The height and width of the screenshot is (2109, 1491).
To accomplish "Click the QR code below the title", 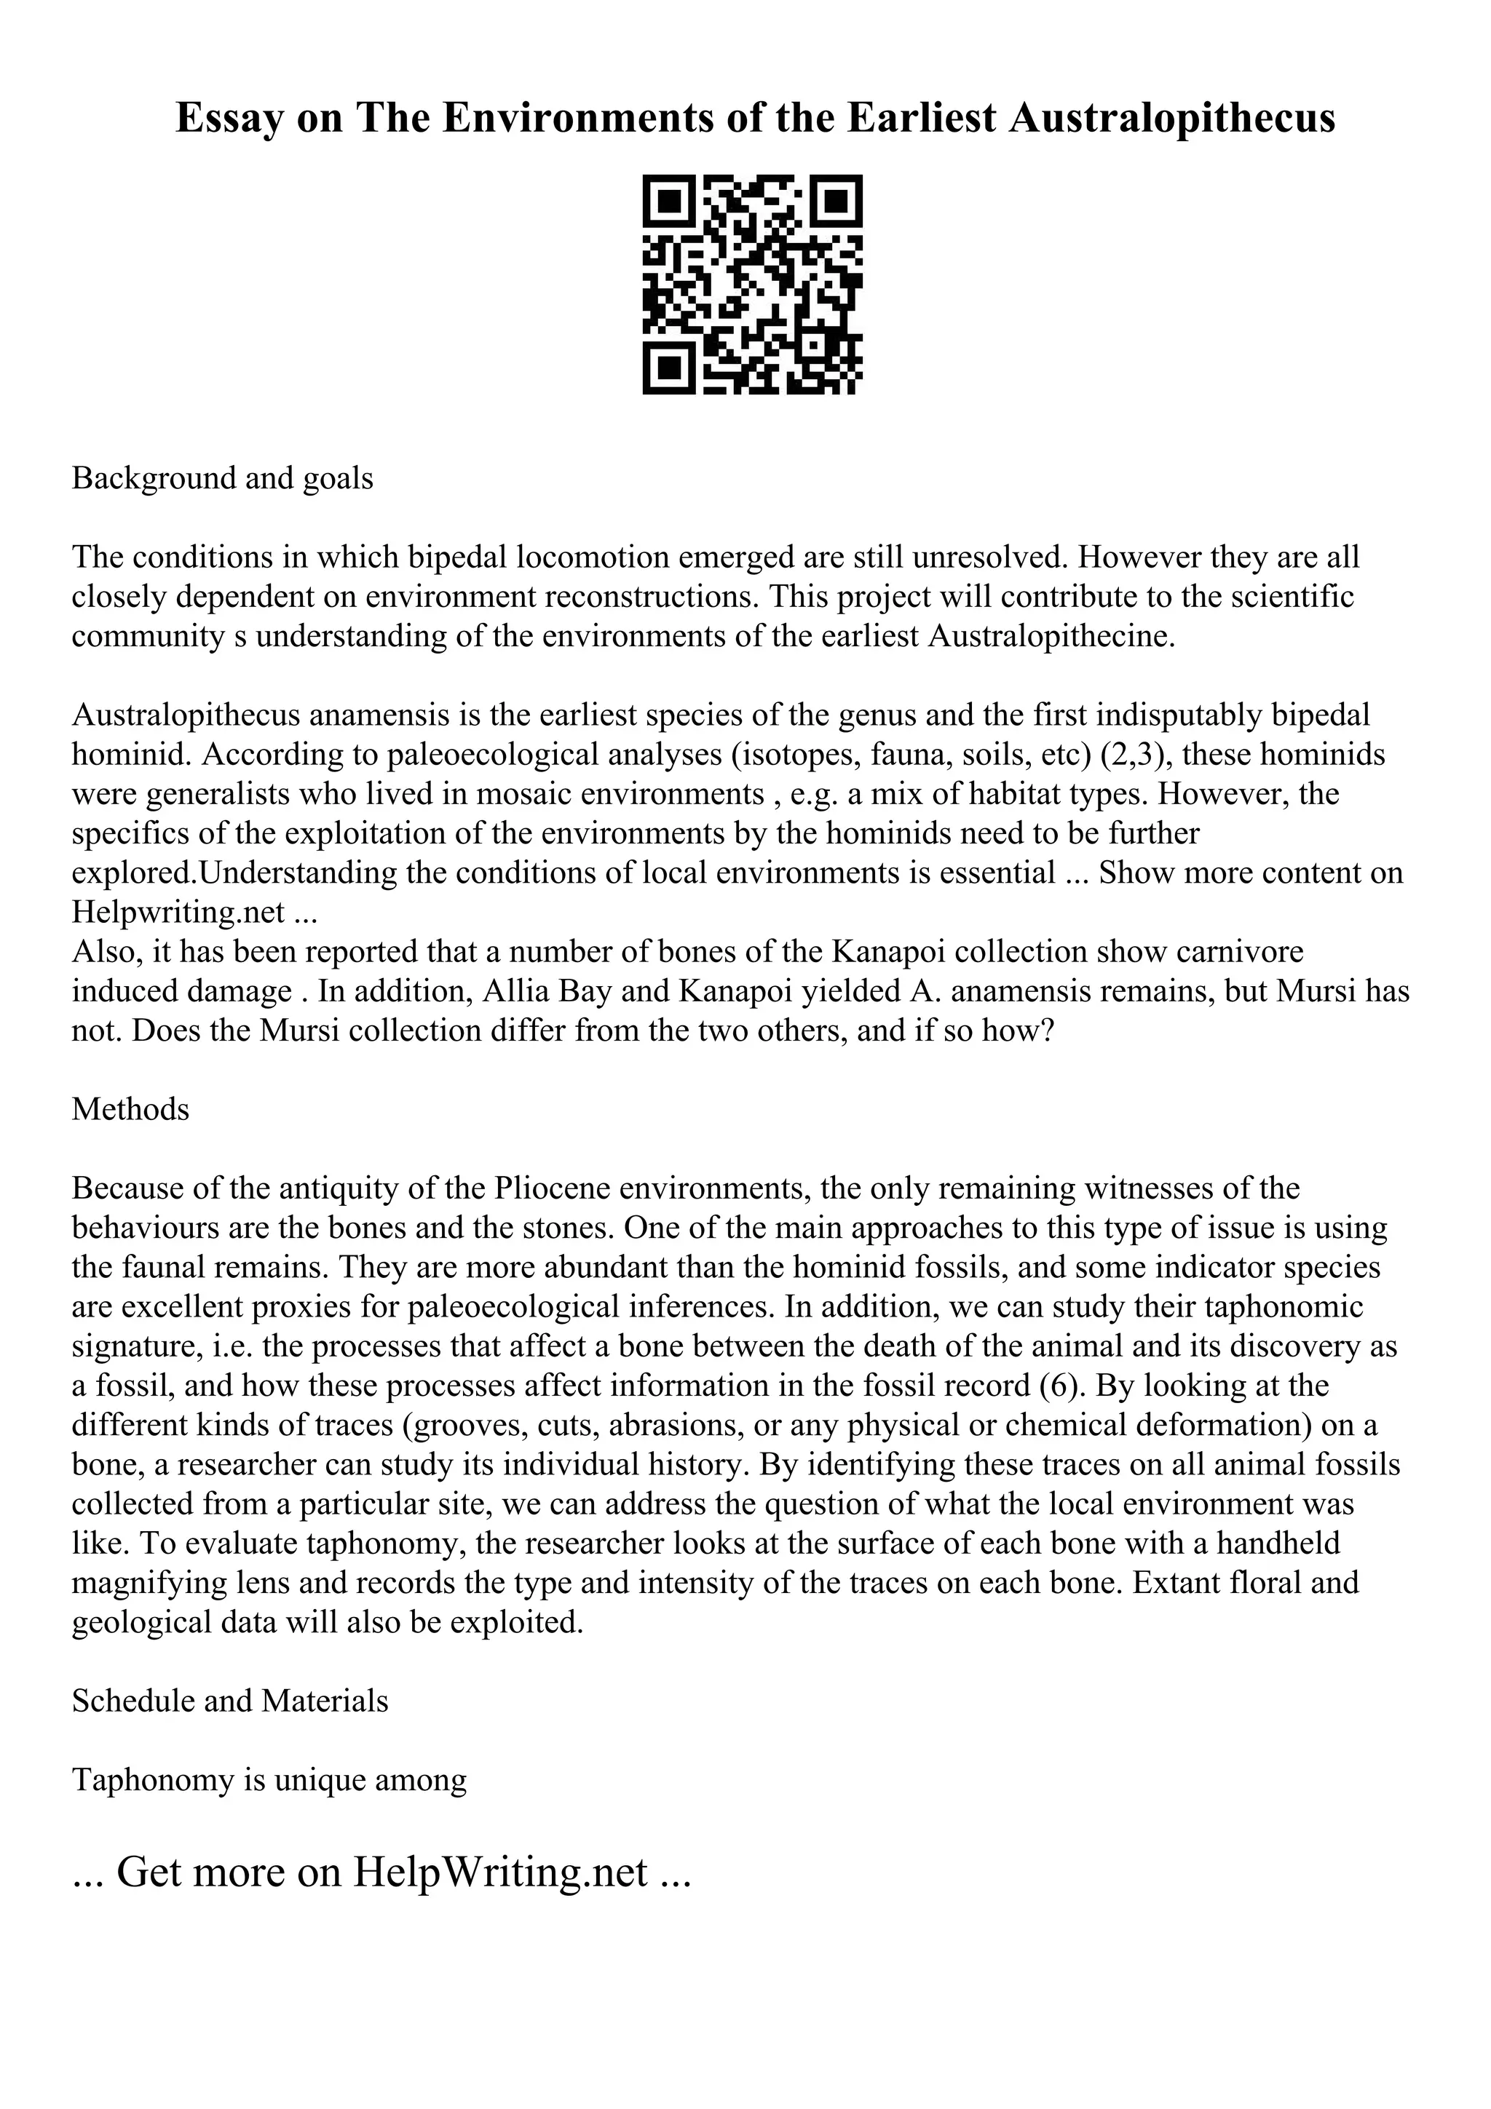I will point(751,285).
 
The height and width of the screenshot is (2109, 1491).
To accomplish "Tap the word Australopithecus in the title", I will point(1171,119).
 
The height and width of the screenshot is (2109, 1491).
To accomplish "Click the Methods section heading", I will point(130,1110).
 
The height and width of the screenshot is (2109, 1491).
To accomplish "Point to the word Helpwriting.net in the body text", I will point(178,912).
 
